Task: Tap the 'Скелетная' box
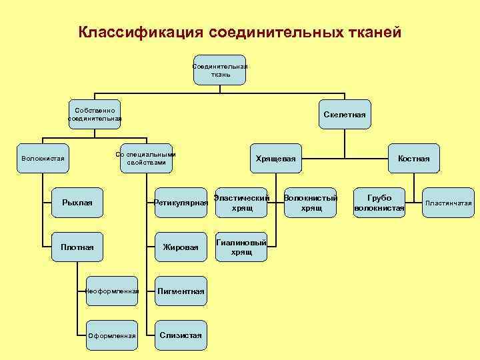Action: pos(345,115)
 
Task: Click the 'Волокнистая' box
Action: pos(43,159)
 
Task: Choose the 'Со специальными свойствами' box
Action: pos(145,159)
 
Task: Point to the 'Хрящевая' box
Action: pos(275,159)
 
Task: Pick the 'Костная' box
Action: pos(413,159)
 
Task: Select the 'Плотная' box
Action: pos(77,247)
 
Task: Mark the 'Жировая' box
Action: pos(181,247)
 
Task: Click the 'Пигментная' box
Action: pos(180,291)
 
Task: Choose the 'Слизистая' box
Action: pos(180,335)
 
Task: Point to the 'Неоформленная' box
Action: pos(113,291)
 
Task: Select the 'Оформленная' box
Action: pos(113,335)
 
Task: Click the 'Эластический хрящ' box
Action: pos(241,203)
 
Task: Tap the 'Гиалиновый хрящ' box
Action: pos(241,247)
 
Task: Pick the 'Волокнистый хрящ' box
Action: pos(311,203)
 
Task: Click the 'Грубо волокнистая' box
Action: pos(379,203)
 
